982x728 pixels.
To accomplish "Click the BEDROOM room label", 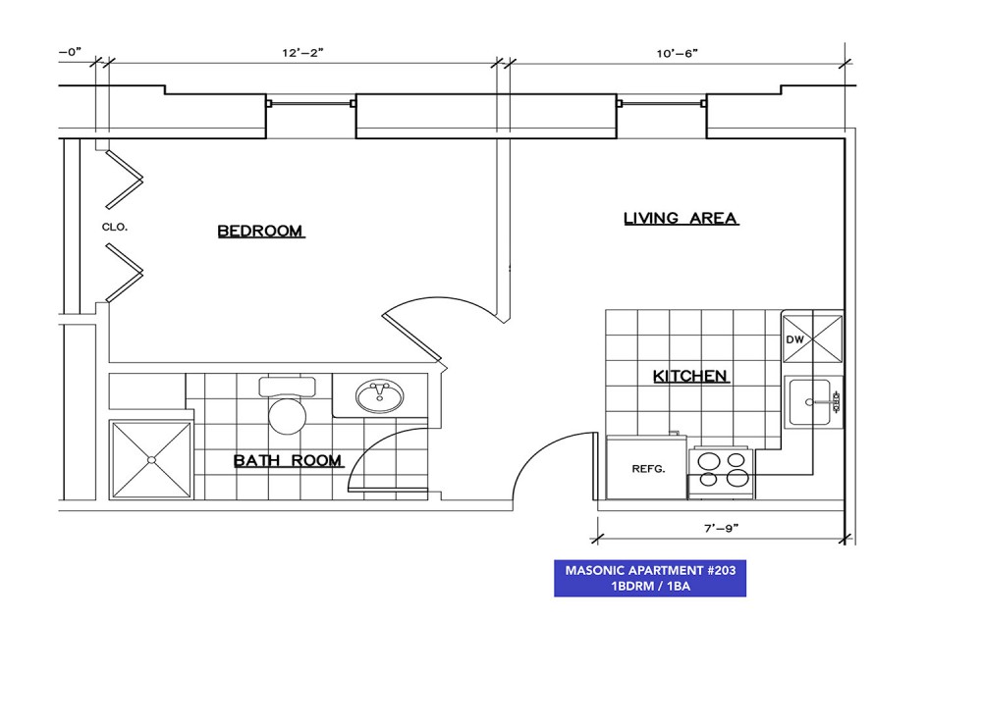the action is [x=260, y=231].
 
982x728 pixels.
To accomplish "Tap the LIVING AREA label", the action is [x=681, y=218].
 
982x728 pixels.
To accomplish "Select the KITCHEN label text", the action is [x=690, y=376].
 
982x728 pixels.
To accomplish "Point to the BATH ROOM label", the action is [x=288, y=461].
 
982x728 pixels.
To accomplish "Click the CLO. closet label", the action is [x=115, y=227].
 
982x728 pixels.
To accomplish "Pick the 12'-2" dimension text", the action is [x=302, y=53].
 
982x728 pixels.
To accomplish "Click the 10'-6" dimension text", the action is [x=677, y=53].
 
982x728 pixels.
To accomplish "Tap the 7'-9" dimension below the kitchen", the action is [x=722, y=528].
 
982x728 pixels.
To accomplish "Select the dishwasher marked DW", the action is [x=812, y=338].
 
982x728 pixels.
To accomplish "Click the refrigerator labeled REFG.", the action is [x=647, y=468].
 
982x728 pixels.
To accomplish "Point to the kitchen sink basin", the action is [x=810, y=402].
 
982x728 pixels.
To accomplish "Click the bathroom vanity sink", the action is [x=379, y=396].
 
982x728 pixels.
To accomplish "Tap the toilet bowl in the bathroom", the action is [x=288, y=414].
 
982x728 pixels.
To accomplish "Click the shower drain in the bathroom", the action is [x=151, y=460].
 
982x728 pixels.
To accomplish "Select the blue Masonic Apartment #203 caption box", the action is [x=650, y=578].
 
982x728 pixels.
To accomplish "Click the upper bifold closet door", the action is [x=124, y=180].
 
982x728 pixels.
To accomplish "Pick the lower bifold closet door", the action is [x=124, y=273].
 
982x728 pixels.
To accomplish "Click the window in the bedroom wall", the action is [x=311, y=103].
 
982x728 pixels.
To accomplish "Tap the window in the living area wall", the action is [x=661, y=103].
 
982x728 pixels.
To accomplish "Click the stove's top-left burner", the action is [x=708, y=461].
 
